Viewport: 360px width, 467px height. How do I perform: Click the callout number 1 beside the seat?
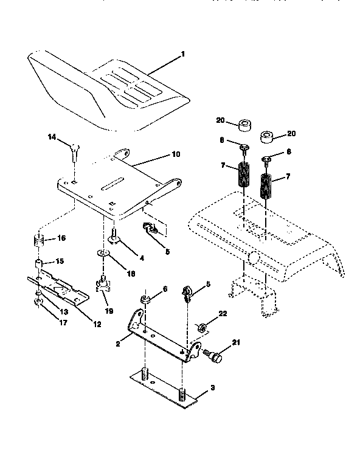(x=182, y=54)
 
